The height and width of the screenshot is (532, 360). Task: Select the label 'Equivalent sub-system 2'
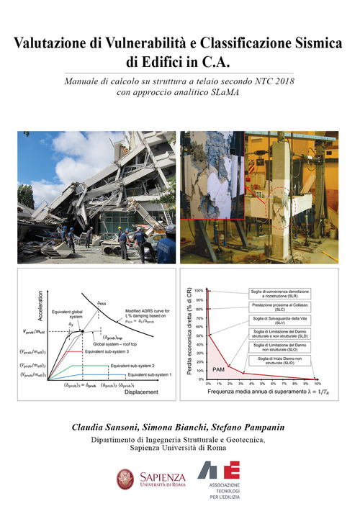click(138, 366)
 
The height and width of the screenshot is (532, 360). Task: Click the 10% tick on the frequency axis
click(317, 385)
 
